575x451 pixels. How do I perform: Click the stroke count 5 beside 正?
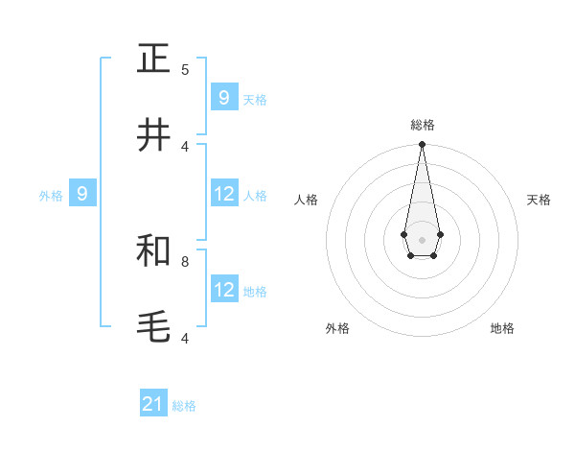[185, 69]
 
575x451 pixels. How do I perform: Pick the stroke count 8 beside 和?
[185, 261]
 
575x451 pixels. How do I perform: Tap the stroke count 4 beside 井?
[185, 146]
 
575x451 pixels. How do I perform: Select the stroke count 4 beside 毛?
[185, 338]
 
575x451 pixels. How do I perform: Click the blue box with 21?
[153, 404]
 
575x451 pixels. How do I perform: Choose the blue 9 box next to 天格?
[224, 97]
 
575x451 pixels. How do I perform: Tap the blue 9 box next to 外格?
[82, 194]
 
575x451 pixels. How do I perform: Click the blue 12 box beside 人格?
[224, 194]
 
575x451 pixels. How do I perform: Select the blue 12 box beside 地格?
[224, 289]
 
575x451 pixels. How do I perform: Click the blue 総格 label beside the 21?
[184, 406]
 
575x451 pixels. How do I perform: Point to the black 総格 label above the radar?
[422, 126]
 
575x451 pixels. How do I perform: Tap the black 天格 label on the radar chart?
[539, 200]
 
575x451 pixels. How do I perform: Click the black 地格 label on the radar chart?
[502, 328]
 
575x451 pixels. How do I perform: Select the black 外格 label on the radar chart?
[337, 328]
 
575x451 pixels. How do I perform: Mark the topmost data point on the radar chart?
[422, 145]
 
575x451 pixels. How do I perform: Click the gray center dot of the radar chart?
[422, 239]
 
